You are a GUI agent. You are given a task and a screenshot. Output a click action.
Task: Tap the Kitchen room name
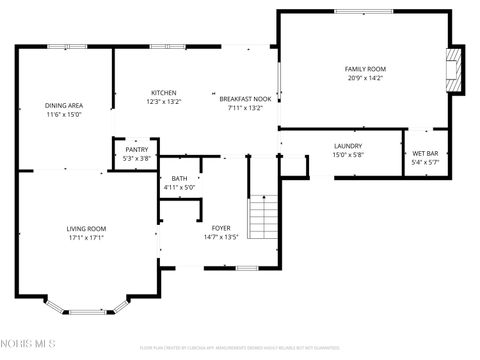[x=164, y=92]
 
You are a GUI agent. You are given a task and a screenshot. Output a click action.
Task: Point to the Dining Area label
[x=63, y=106]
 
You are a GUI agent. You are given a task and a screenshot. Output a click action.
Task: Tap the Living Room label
[x=87, y=229]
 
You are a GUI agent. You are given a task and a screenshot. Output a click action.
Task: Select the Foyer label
[x=221, y=229]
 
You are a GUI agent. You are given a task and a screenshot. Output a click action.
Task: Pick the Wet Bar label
[x=425, y=154]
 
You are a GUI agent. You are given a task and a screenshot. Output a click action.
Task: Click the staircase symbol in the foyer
[x=263, y=214]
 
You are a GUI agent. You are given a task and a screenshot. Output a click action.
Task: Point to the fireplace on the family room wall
[x=456, y=70]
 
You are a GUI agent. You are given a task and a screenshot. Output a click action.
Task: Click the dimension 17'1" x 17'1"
[x=87, y=238]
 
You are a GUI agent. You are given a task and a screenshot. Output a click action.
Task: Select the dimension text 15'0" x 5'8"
[x=348, y=155]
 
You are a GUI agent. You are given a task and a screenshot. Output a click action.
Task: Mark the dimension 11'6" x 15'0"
[x=63, y=114]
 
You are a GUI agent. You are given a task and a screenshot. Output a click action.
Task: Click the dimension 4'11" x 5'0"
[x=179, y=187]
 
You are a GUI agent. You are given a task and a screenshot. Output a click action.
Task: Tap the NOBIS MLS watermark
[x=29, y=345]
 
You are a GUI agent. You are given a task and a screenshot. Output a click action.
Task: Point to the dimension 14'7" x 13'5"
[x=221, y=237]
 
